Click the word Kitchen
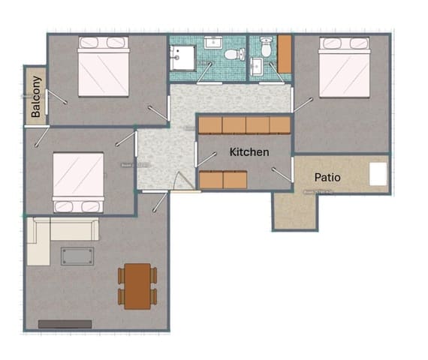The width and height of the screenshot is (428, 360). click(x=249, y=152)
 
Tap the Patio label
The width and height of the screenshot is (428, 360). click(x=327, y=178)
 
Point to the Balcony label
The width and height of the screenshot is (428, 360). click(x=35, y=97)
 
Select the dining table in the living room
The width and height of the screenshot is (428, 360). click(x=137, y=286)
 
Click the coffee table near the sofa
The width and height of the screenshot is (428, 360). click(x=78, y=256)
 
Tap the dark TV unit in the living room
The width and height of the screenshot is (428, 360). click(x=65, y=324)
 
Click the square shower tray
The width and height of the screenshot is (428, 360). click(x=182, y=56)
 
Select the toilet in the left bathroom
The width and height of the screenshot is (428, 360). click(x=234, y=54)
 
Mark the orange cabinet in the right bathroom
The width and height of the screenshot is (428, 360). click(x=285, y=53)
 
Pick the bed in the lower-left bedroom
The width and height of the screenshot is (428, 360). click(x=78, y=182)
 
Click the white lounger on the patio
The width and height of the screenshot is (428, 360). click(x=378, y=173)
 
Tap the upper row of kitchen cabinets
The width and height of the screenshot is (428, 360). click(x=244, y=125)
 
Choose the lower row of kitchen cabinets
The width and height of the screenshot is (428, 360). click(x=223, y=180)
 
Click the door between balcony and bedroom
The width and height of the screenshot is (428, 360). click(x=47, y=103)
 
